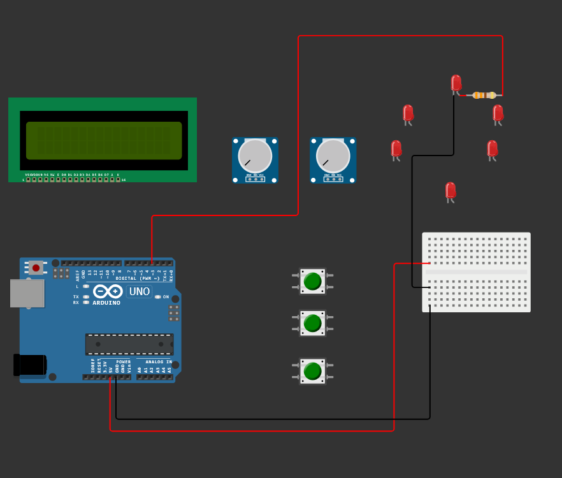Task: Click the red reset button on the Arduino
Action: tap(36, 268)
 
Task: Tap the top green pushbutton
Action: tap(312, 281)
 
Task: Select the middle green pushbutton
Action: tap(312, 323)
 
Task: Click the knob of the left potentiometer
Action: tap(255, 156)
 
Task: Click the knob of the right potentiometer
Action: tap(333, 156)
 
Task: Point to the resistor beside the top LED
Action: tap(484, 96)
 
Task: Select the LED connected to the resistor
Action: tap(456, 83)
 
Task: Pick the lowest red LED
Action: tap(450, 190)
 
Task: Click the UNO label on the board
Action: tap(139, 291)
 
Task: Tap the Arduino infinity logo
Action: tap(107, 291)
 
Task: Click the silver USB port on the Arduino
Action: tap(27, 293)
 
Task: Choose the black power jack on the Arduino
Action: tap(30, 365)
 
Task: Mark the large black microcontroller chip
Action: tap(129, 344)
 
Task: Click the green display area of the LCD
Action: tap(104, 141)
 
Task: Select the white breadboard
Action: tap(476, 272)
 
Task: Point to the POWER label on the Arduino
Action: tap(123, 361)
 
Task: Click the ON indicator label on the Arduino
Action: tap(166, 297)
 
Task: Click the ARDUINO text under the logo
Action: tap(106, 303)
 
